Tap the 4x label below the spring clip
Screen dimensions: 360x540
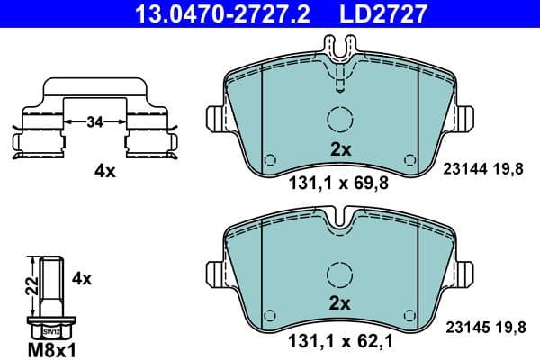pyautogui.click(x=105, y=171)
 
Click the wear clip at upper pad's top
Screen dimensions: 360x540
pyautogui.click(x=339, y=67)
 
